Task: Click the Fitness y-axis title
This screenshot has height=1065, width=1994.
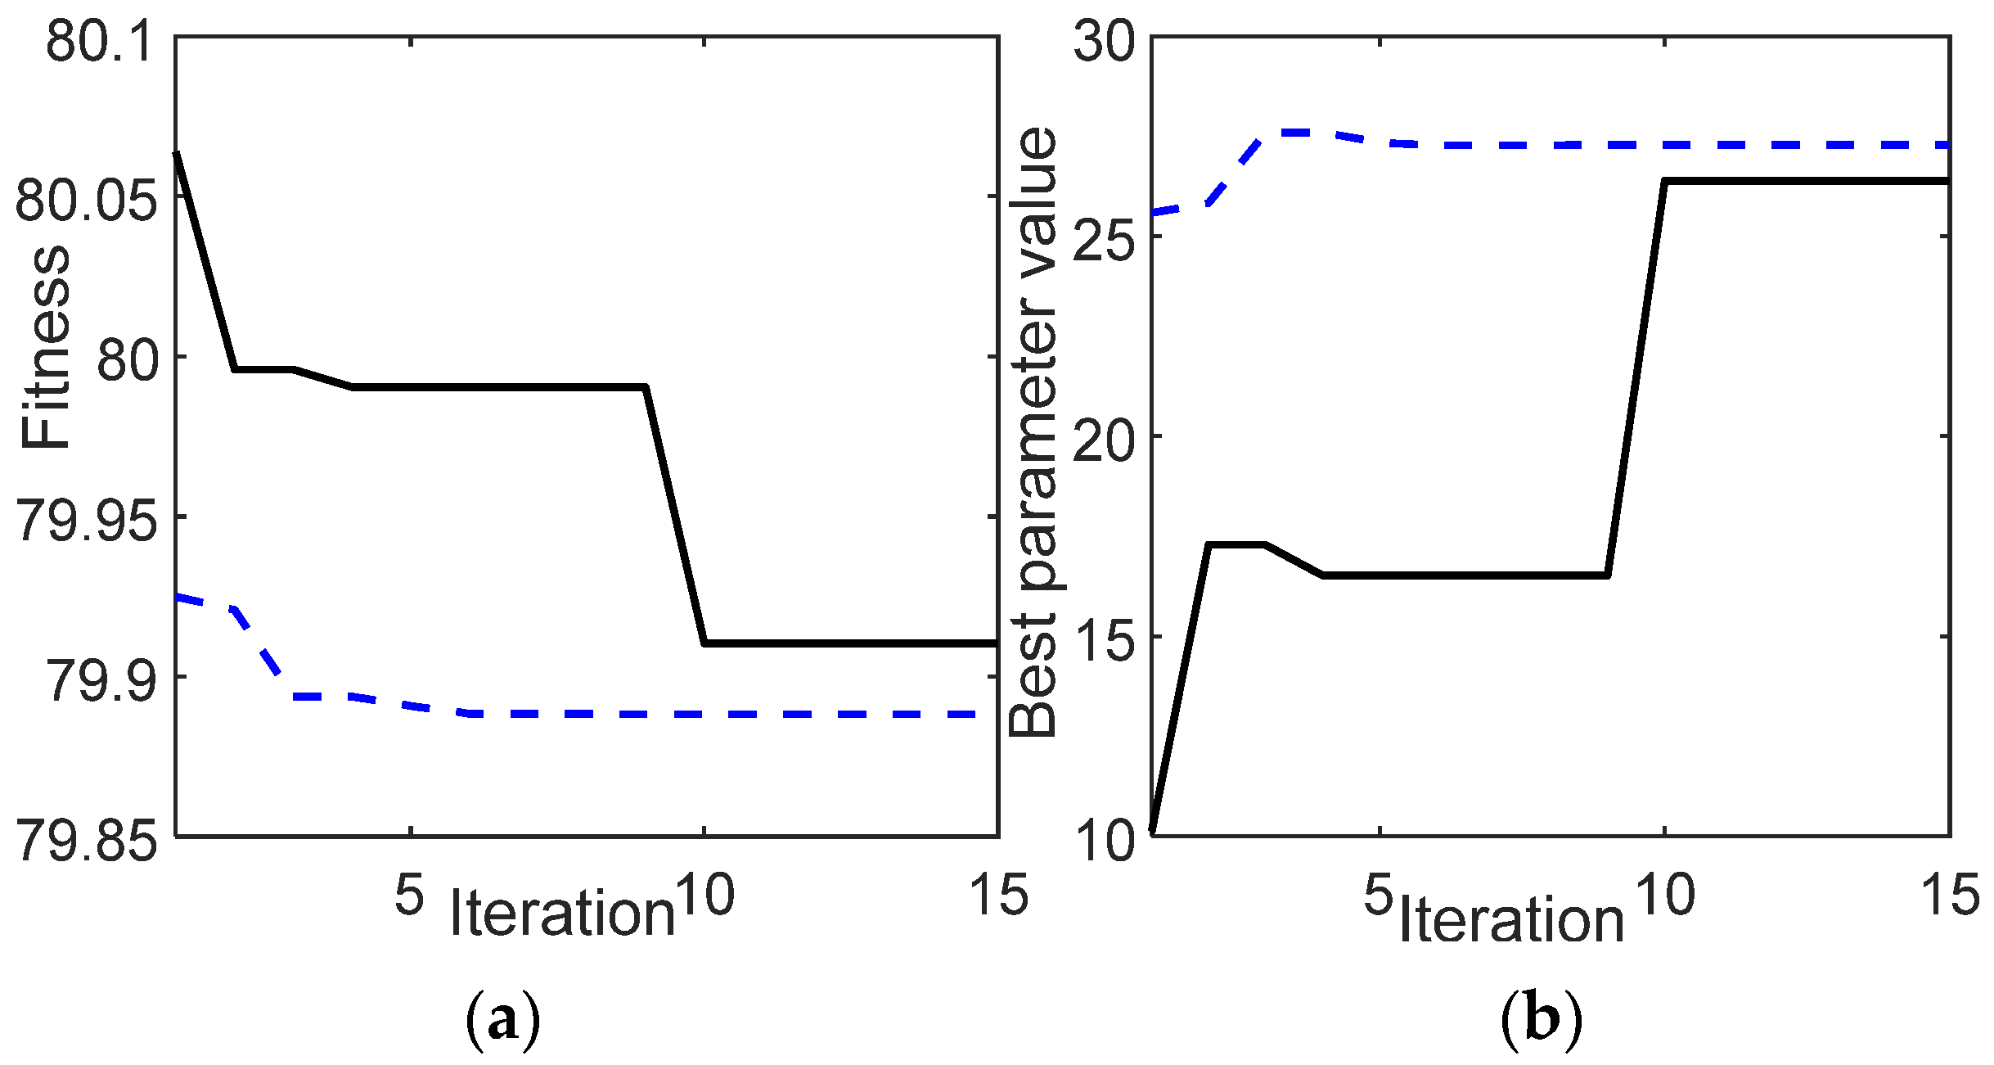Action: click(x=46, y=347)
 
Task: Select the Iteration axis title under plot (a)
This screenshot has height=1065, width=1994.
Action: click(x=562, y=912)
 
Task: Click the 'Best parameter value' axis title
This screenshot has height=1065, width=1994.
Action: click(x=1033, y=433)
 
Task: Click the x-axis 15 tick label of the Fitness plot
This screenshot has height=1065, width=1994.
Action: click(x=998, y=894)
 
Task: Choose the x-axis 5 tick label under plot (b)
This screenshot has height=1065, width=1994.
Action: click(x=1378, y=894)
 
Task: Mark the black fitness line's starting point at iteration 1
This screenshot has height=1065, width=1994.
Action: click(x=177, y=153)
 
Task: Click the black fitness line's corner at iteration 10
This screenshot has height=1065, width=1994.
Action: click(x=704, y=643)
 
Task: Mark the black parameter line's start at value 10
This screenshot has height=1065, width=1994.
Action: click(x=1152, y=832)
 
